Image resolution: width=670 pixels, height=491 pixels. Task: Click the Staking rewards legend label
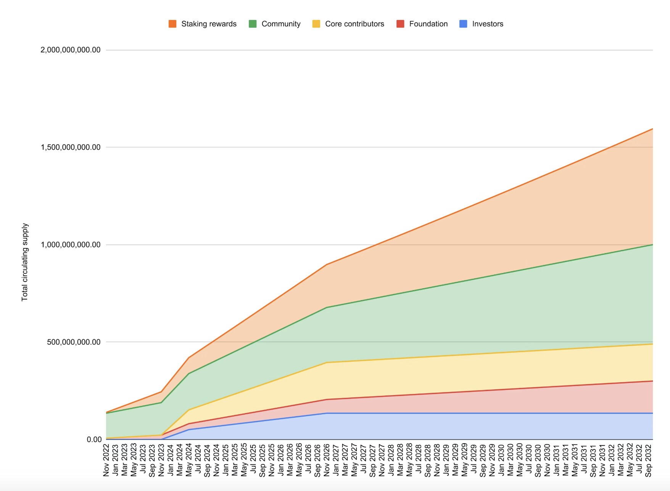pos(209,24)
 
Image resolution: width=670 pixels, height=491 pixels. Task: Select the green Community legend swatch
pos(253,24)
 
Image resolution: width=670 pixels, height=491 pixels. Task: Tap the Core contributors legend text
pos(354,24)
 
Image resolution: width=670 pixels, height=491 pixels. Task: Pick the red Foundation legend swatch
pos(400,24)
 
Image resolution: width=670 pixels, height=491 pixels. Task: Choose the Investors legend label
pos(488,24)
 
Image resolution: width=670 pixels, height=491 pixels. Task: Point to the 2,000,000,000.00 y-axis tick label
pos(71,50)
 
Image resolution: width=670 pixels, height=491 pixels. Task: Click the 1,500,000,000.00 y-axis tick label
pos(71,147)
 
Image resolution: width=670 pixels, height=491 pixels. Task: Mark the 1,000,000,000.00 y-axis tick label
pos(71,245)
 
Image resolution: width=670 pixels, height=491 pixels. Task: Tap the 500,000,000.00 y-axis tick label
pos(74,342)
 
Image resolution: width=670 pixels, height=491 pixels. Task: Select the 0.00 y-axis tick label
pos(94,439)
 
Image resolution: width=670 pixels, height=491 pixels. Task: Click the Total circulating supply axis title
pos(25,262)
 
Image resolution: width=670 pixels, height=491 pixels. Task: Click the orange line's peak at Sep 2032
pos(652,129)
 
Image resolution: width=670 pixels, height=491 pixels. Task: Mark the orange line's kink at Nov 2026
pos(327,264)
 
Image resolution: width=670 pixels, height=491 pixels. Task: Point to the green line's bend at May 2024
pos(189,373)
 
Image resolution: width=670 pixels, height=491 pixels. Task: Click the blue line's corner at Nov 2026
pos(327,413)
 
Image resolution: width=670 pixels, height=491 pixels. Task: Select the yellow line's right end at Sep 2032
pos(652,344)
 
